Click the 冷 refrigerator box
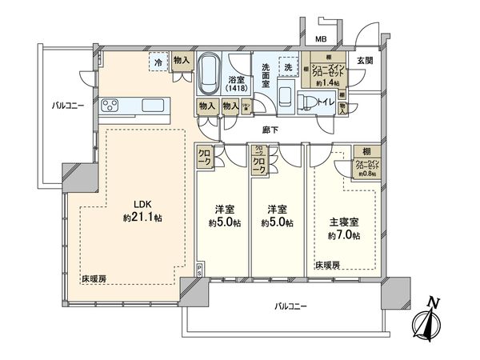click(x=160, y=63)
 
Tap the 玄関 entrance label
click(x=364, y=60)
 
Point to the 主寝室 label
click(x=345, y=223)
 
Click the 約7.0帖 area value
click(x=345, y=236)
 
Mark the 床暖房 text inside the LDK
click(x=93, y=278)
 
